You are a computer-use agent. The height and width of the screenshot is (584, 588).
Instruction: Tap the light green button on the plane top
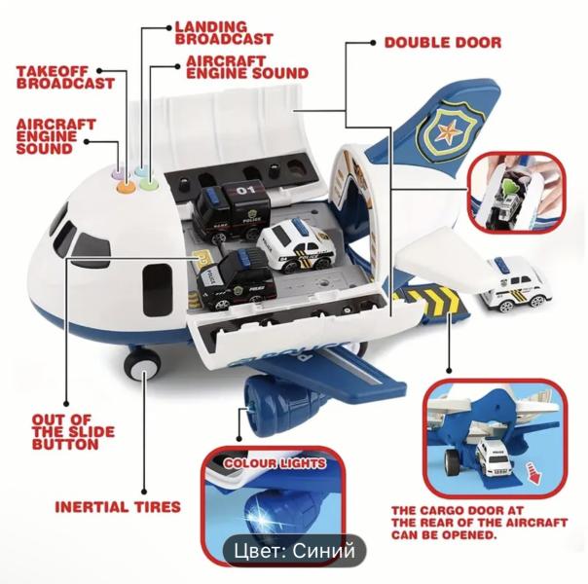click(148, 184)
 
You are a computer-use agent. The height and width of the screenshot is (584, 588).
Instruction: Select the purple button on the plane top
click(118, 172)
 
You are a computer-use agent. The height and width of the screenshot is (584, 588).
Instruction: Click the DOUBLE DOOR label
click(443, 43)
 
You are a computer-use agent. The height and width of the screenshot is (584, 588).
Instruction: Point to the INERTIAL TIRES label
click(118, 507)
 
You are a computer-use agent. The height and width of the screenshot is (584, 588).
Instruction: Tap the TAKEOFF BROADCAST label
click(65, 77)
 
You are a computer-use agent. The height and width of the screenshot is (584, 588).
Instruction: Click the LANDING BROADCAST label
click(224, 33)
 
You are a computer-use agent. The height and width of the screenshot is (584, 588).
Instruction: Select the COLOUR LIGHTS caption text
click(275, 463)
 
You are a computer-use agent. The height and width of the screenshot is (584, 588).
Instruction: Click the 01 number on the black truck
click(245, 190)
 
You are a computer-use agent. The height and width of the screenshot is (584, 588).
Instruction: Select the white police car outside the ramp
click(513, 284)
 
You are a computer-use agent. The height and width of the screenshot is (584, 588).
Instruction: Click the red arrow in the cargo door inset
click(533, 473)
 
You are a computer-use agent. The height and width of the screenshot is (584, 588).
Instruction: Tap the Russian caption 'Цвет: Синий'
click(294, 551)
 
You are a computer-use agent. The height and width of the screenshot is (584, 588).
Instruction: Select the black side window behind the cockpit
click(158, 290)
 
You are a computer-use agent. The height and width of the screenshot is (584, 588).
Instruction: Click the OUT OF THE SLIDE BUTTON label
click(73, 431)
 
